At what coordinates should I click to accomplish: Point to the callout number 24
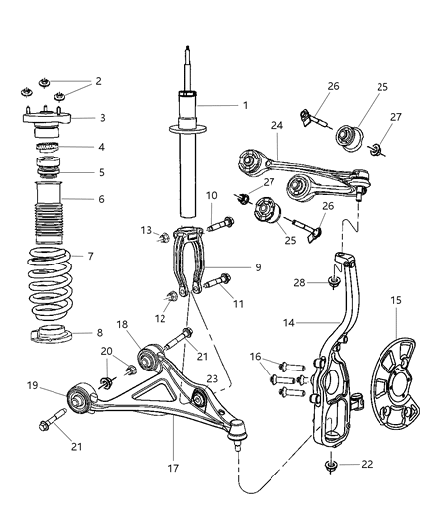coord(276,126)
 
